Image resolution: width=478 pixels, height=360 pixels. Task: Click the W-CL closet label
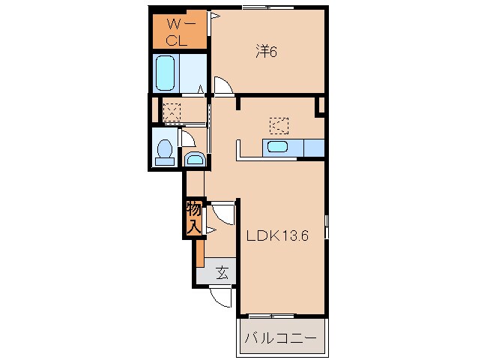[178, 32]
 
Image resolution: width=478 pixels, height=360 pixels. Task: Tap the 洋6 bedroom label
[266, 52]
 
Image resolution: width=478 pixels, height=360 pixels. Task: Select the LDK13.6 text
[277, 235]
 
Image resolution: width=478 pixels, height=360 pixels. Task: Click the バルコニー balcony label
[280, 339]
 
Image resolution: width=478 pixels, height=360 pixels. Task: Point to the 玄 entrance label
[223, 272]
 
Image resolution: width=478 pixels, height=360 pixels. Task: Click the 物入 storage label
[194, 218]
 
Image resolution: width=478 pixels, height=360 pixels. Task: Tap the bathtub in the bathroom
[166, 73]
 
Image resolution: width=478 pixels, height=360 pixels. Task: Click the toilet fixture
[165, 152]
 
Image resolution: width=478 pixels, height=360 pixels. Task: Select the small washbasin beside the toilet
[195, 159]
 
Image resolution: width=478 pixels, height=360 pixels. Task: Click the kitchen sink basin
[277, 147]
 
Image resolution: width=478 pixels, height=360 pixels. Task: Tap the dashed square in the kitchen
[279, 126]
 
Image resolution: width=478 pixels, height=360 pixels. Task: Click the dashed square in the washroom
[172, 112]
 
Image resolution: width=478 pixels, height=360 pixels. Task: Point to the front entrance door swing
[221, 297]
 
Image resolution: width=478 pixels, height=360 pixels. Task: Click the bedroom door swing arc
[224, 86]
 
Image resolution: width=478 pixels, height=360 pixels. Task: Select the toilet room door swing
[188, 138]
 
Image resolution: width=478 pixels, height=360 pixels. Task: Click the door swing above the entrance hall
[223, 213]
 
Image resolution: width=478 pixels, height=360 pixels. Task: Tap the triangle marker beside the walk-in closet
[214, 15]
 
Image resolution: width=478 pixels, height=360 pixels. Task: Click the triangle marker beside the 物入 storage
[211, 230]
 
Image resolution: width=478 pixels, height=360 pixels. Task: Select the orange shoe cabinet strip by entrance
[200, 253]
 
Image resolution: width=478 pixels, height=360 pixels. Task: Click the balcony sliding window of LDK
[271, 316]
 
